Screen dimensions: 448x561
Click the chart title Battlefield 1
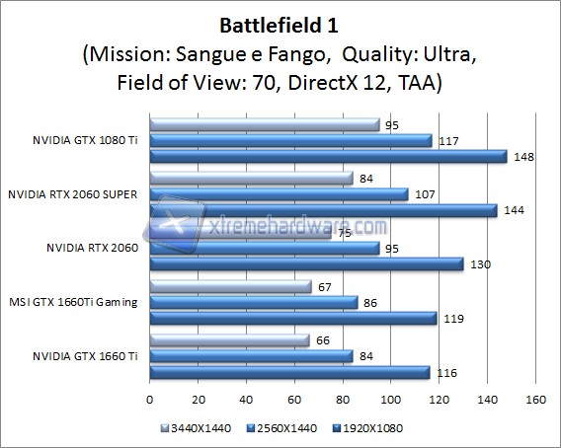pyautogui.click(x=280, y=21)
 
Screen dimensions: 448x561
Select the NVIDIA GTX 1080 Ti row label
pyautogui.click(x=86, y=140)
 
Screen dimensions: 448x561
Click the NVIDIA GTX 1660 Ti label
pyautogui.click(x=86, y=354)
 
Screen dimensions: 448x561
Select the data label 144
pyautogui.click(x=513, y=210)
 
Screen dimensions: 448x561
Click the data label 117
pyautogui.click(x=447, y=140)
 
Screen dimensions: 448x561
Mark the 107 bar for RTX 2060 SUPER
pyautogui.click(x=277, y=193)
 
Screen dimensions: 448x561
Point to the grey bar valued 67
pyautogui.click(x=228, y=286)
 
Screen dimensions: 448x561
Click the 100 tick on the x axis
pyautogui.click(x=390, y=400)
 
